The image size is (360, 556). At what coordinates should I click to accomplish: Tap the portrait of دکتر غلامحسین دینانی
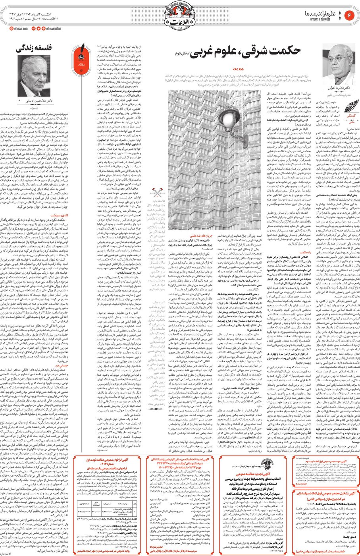(x=33, y=75)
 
